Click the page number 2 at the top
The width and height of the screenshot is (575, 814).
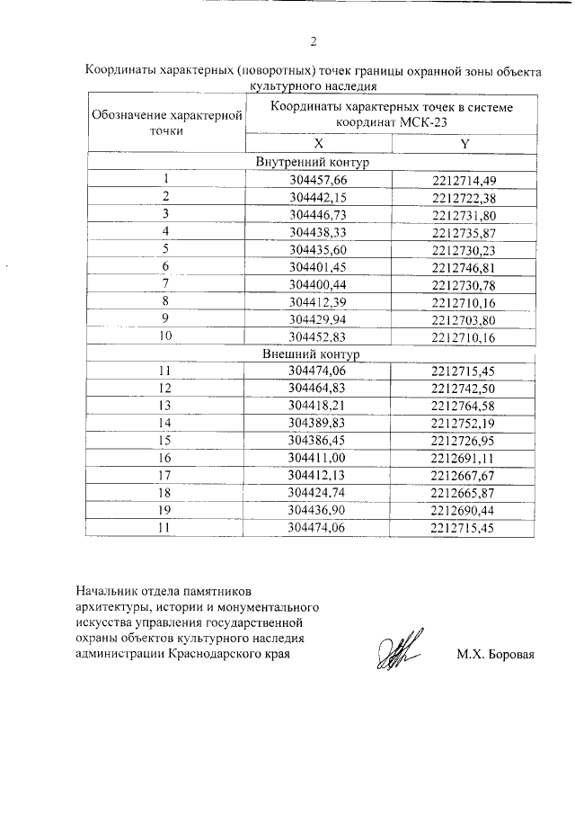(x=314, y=41)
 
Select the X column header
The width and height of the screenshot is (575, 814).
(x=318, y=144)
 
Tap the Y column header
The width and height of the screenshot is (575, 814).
(x=464, y=144)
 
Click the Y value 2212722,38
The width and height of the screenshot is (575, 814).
(x=464, y=197)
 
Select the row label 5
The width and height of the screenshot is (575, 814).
(x=166, y=249)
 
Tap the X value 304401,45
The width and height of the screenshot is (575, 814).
(x=318, y=267)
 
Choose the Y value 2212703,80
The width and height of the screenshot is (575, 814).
(x=464, y=319)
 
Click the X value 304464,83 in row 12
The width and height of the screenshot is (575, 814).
(x=318, y=388)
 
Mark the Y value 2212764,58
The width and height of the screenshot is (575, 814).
(x=464, y=406)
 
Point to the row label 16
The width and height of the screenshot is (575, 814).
(x=166, y=458)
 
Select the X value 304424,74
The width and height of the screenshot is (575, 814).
(x=318, y=493)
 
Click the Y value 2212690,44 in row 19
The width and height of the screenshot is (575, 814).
(x=464, y=510)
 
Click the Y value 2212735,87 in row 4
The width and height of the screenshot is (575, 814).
(x=464, y=232)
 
